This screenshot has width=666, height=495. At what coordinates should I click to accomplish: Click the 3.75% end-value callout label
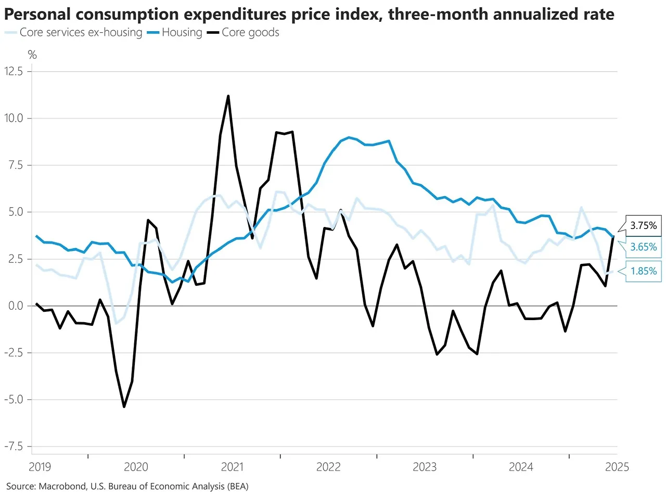642,226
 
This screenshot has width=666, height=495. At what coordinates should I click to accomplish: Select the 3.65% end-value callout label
642,248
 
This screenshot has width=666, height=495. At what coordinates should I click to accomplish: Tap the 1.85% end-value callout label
642,271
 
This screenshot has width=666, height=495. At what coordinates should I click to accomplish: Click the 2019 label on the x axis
40,467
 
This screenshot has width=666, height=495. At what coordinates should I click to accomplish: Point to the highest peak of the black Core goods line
228,96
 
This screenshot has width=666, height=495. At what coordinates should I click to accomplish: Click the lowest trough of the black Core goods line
124,407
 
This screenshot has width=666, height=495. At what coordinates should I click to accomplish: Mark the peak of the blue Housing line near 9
348,137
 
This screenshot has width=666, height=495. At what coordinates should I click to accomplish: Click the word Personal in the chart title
36,15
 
